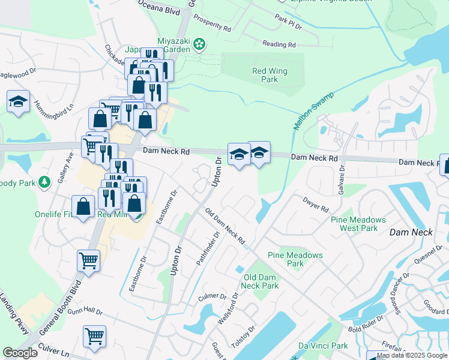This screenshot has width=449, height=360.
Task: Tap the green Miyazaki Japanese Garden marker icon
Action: [200, 43]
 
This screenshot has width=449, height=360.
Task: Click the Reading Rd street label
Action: [279, 44]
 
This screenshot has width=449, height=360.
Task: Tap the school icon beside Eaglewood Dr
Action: [19, 101]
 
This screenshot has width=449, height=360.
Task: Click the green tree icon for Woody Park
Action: [44, 182]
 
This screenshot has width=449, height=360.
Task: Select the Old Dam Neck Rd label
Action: [225, 226]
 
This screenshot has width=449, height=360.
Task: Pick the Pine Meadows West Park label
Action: [354, 224]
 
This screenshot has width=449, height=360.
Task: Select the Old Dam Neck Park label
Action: [262, 281]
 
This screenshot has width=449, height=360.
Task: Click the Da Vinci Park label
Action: [323, 346]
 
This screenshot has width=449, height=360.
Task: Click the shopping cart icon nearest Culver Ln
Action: [95, 337]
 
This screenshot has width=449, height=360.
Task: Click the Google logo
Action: [20, 353]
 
